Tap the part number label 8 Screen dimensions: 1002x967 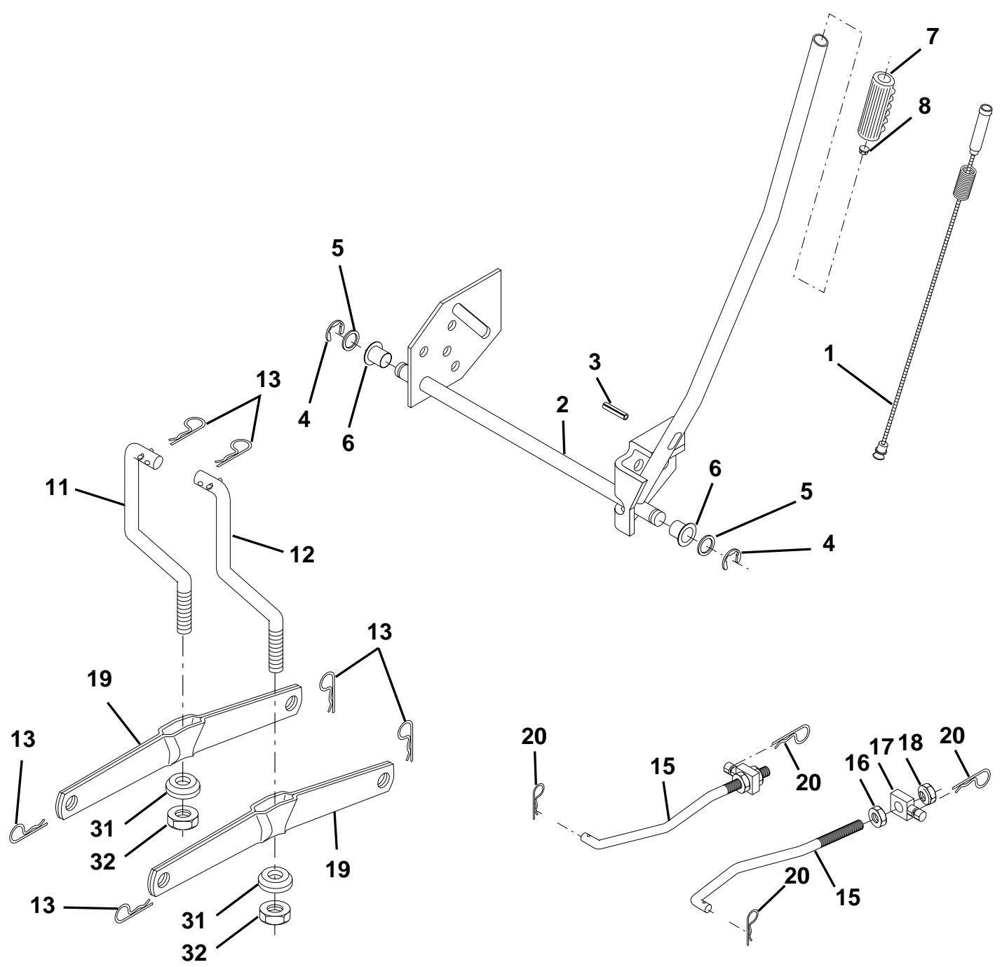click(x=924, y=106)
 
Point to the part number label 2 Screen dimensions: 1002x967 click(x=562, y=405)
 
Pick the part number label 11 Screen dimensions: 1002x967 click(x=57, y=487)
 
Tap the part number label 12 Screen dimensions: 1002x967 click(x=302, y=555)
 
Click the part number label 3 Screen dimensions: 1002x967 click(x=595, y=363)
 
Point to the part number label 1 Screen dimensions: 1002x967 click(x=829, y=354)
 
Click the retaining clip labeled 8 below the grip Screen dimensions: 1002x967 click(x=916, y=151)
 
